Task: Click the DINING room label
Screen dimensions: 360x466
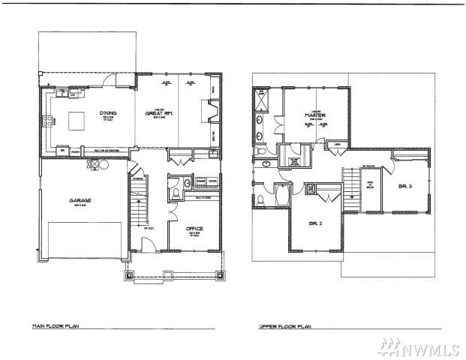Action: [x=107, y=114]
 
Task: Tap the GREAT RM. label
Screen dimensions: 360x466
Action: [x=160, y=114]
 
